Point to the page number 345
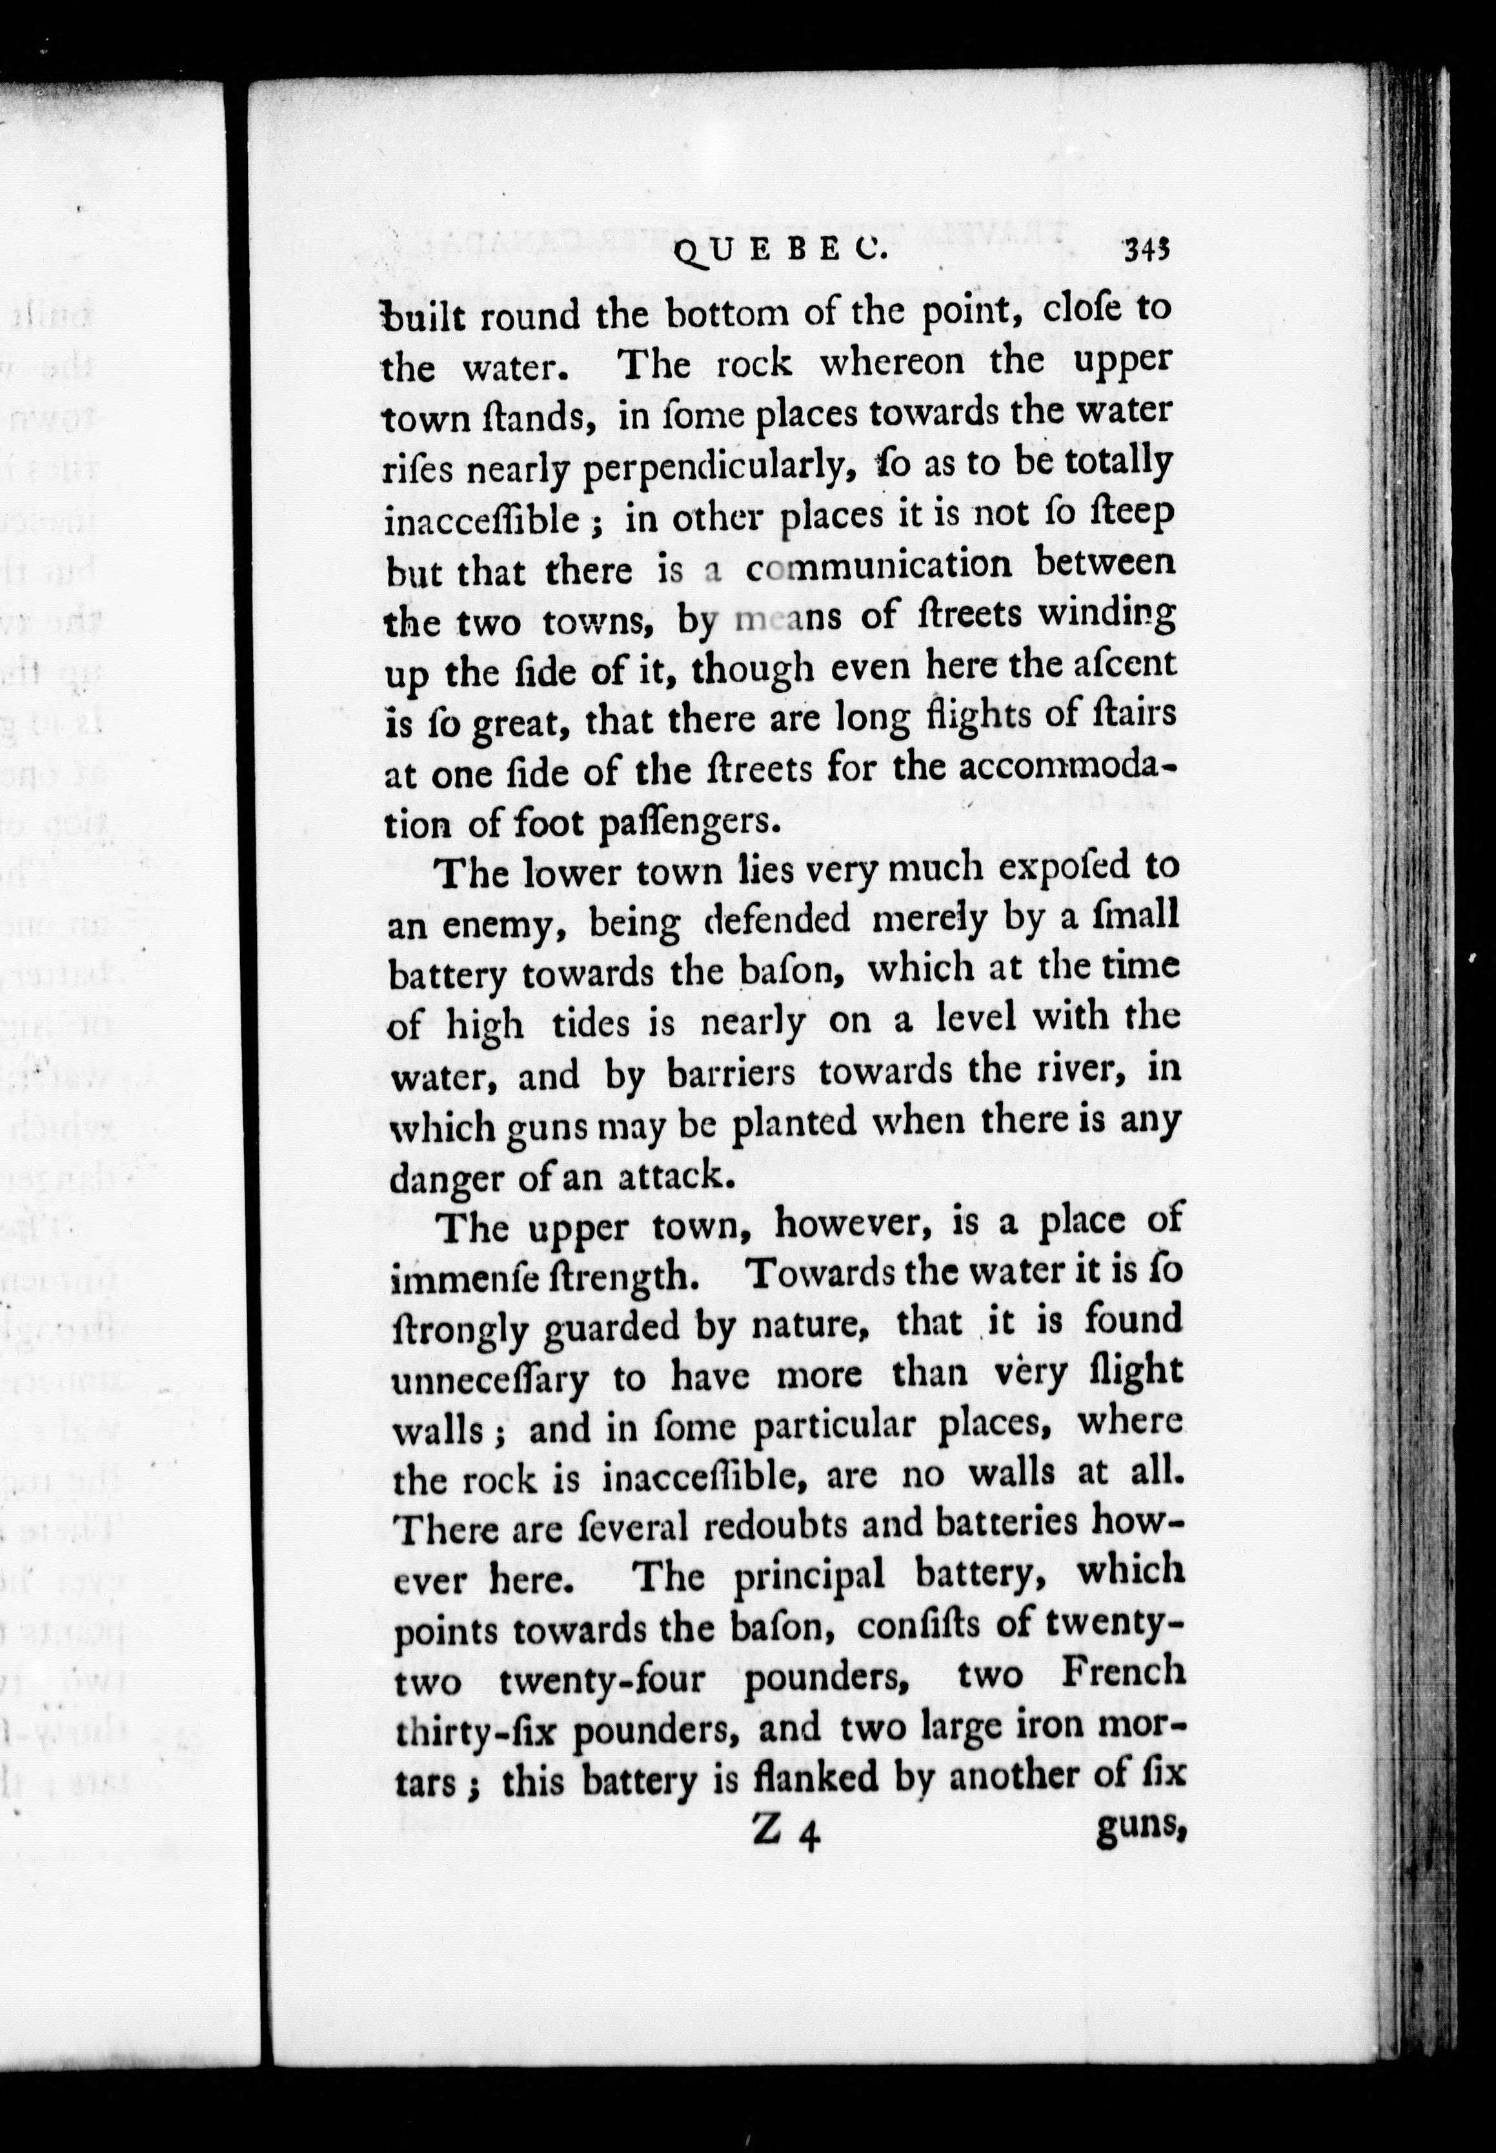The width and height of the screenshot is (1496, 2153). (1148, 251)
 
